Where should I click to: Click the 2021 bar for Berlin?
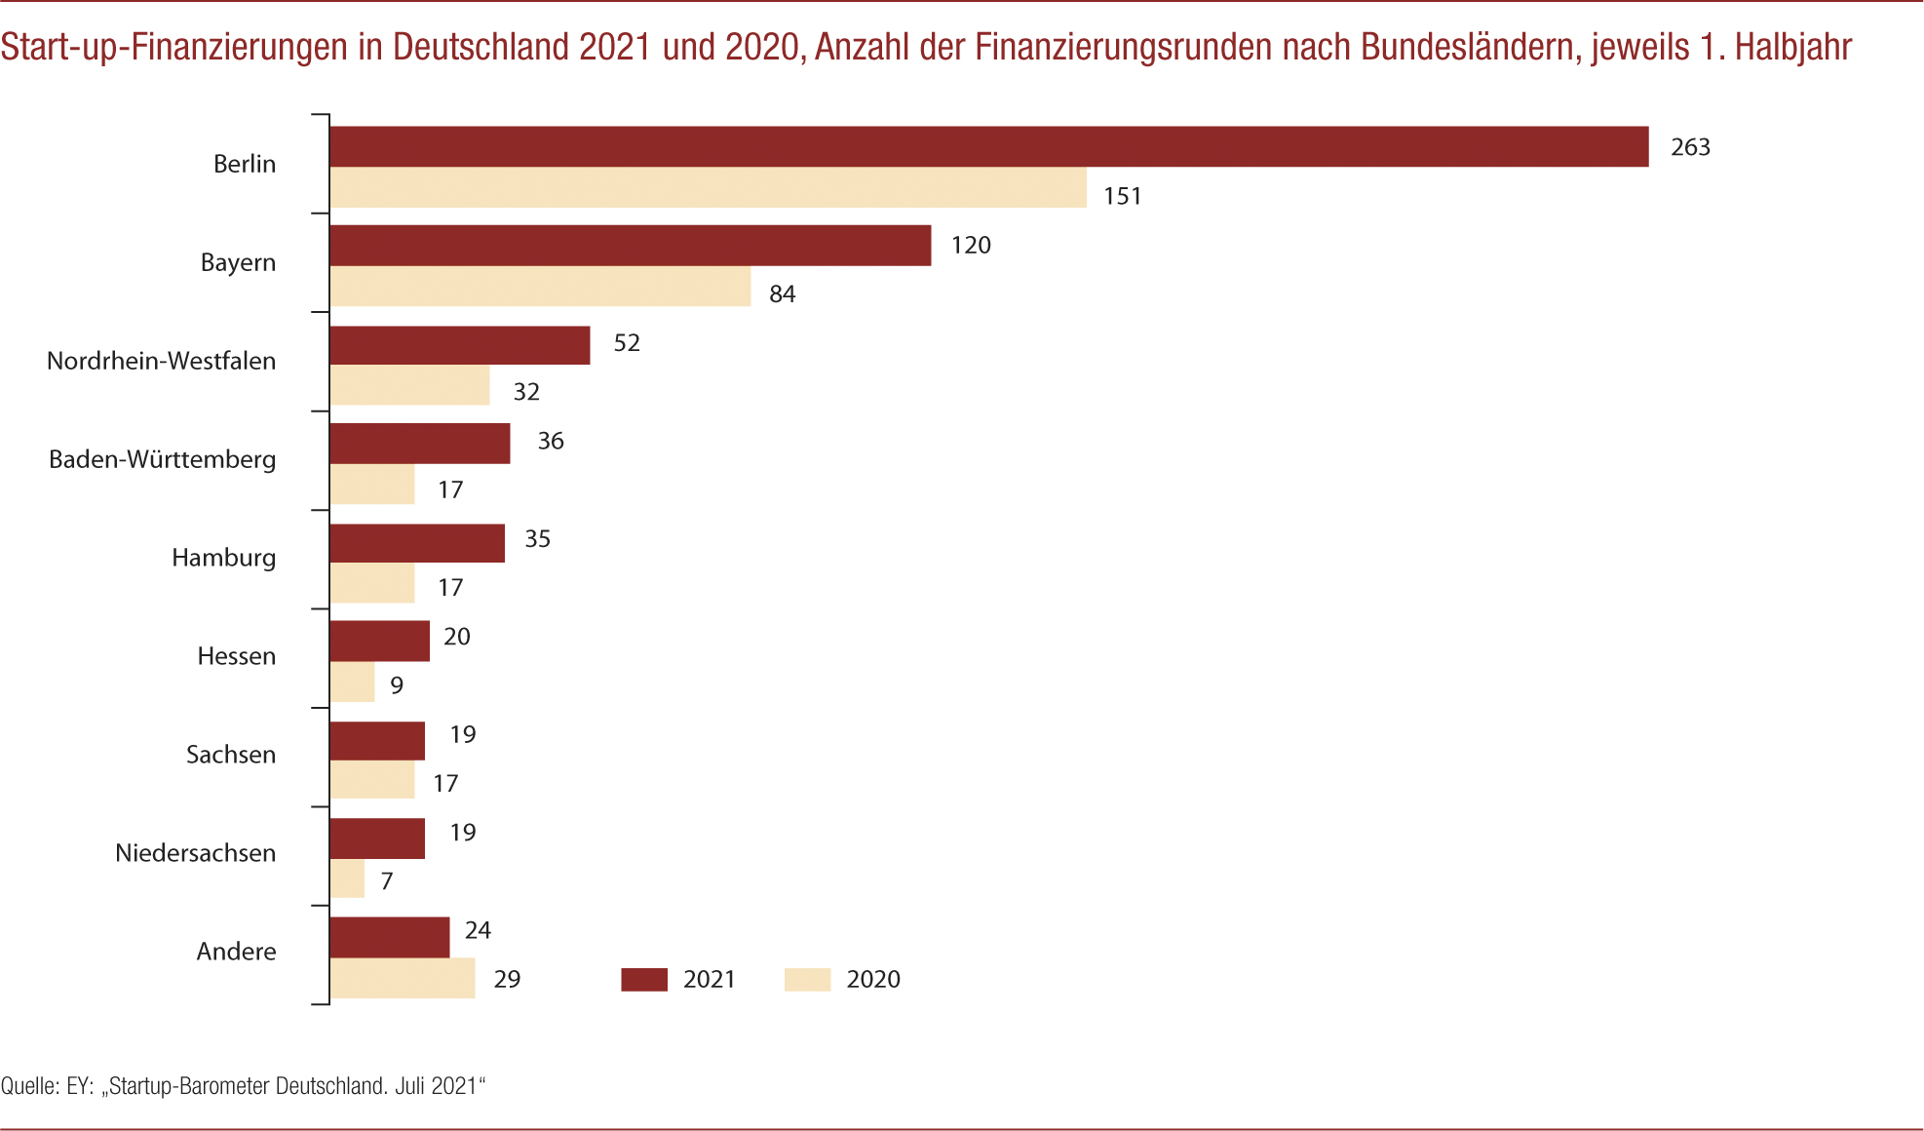click(x=988, y=147)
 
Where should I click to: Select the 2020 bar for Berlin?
click(x=708, y=187)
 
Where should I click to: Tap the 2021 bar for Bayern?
click(x=630, y=246)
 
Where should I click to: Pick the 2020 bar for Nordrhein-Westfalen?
click(x=409, y=385)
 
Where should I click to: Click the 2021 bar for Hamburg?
click(x=417, y=543)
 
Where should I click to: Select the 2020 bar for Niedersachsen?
click(x=347, y=878)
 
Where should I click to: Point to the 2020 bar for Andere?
click(x=402, y=978)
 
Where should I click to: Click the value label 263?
click(x=1690, y=147)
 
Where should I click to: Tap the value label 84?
click(x=782, y=294)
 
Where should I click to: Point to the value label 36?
click(x=551, y=442)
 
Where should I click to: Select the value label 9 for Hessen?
click(x=397, y=685)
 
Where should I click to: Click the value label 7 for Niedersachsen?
click(x=387, y=881)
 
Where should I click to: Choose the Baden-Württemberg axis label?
click(x=163, y=459)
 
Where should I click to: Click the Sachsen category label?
click(x=231, y=755)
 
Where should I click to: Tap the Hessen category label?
click(x=236, y=656)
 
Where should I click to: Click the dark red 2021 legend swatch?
click(x=644, y=980)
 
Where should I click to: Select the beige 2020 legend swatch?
click(x=807, y=980)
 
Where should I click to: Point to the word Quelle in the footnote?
click(x=28, y=1086)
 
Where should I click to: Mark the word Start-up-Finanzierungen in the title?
click(x=174, y=47)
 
